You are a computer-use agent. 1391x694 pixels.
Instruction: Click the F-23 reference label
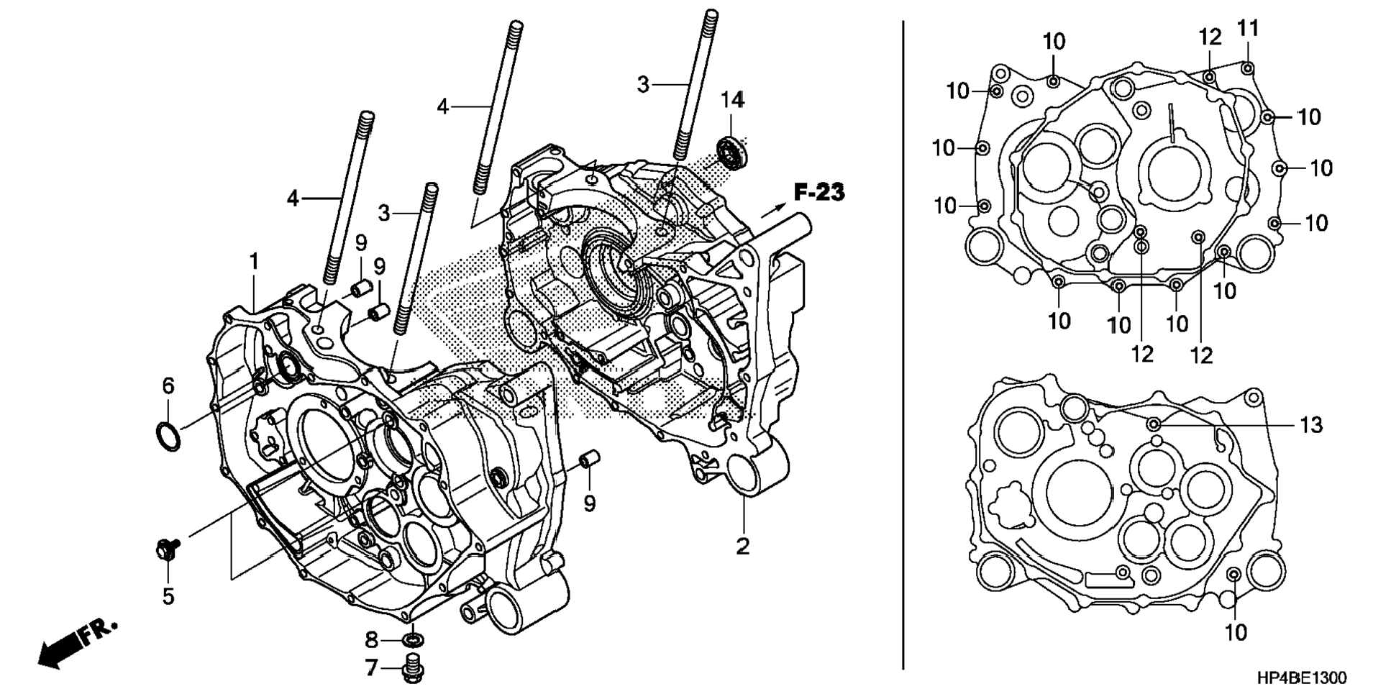819,192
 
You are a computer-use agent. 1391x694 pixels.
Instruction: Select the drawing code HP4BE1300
1302,678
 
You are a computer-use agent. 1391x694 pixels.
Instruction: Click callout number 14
733,100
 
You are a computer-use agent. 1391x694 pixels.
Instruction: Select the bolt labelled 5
168,550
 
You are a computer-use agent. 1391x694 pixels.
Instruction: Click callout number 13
1311,425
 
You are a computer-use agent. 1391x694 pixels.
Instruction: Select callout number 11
1248,29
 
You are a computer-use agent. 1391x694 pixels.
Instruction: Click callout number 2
742,546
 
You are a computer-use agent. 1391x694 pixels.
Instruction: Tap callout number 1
254,262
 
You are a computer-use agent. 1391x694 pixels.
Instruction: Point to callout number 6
168,386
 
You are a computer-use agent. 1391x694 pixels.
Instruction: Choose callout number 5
168,596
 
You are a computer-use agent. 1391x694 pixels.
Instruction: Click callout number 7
371,668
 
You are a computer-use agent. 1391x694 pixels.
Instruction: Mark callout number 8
371,639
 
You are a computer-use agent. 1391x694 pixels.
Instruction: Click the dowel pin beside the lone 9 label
590,459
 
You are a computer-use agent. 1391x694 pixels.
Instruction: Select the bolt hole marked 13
1154,424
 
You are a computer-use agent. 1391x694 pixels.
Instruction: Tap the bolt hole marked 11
1248,68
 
